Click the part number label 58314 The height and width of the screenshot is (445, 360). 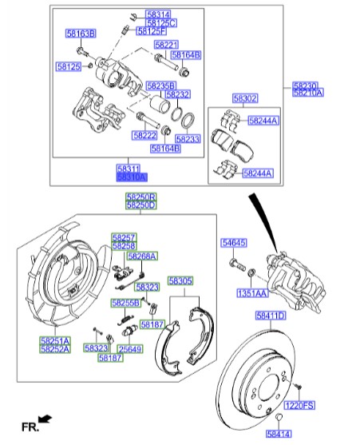click(x=158, y=15)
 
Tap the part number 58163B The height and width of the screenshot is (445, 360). click(x=80, y=33)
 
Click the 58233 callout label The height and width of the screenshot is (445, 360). click(x=188, y=138)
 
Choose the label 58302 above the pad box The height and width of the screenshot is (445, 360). click(x=244, y=98)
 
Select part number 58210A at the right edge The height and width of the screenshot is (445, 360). click(x=307, y=93)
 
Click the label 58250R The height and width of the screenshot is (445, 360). click(x=140, y=197)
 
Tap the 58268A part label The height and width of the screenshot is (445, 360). click(x=142, y=256)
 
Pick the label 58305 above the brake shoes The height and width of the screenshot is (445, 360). click(x=180, y=281)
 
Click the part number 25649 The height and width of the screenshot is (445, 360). click(x=129, y=349)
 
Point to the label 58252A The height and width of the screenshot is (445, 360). click(x=55, y=349)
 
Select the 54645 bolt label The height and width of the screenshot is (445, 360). click(x=233, y=242)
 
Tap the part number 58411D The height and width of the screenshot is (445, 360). click(x=271, y=316)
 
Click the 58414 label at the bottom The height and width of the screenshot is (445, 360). click(x=279, y=434)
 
